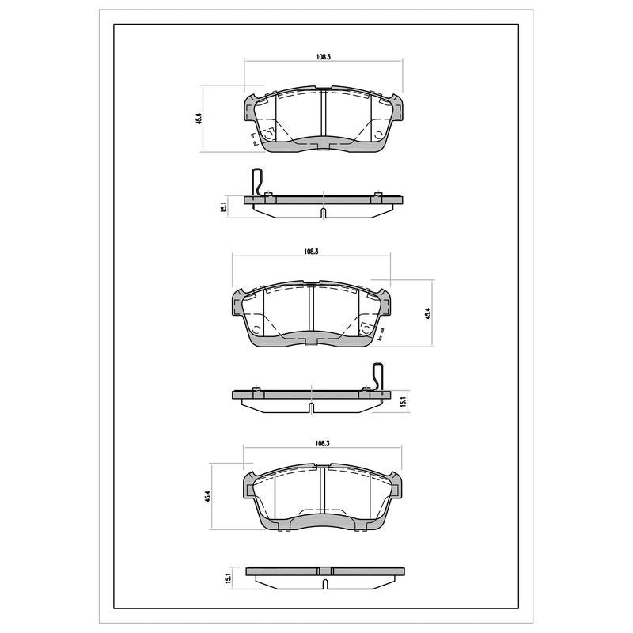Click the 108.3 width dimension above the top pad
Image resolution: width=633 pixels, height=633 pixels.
pyautogui.click(x=324, y=57)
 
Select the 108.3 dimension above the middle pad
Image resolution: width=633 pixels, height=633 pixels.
pyautogui.click(x=312, y=251)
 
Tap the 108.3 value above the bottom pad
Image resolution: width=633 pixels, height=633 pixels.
pyautogui.click(x=323, y=443)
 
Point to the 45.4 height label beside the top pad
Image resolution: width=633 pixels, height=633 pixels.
pyautogui.click(x=199, y=119)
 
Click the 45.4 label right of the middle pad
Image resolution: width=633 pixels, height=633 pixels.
pyautogui.click(x=428, y=313)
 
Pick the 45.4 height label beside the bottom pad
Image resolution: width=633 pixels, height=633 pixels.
pyautogui.click(x=208, y=496)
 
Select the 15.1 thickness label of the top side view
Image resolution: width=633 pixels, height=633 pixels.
pyautogui.click(x=225, y=207)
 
